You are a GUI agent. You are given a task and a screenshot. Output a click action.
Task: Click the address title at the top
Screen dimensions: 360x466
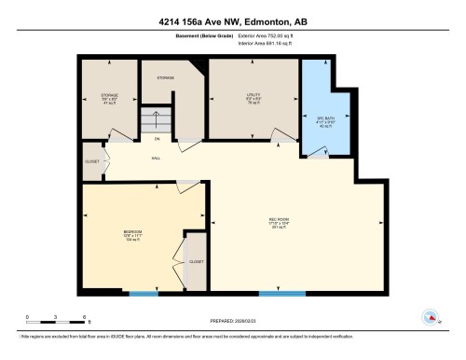[233, 20]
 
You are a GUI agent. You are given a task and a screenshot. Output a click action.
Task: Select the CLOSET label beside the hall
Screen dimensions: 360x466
[91, 159]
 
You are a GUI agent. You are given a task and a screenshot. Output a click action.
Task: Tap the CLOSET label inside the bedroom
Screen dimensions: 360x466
[196, 262]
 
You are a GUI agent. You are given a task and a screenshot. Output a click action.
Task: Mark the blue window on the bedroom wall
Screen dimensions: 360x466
[144, 294]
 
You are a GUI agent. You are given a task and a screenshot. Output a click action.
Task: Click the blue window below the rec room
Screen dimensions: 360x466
[282, 294]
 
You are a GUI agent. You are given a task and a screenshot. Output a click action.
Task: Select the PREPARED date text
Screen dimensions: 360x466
[233, 319]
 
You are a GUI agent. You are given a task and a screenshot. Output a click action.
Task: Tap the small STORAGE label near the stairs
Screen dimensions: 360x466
[166, 78]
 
